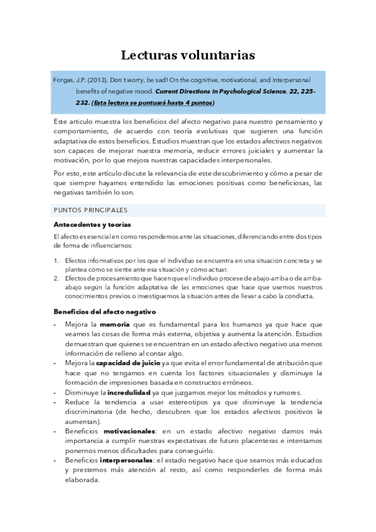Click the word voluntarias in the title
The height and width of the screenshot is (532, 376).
(x=218, y=55)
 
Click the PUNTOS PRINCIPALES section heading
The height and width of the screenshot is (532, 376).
(x=91, y=210)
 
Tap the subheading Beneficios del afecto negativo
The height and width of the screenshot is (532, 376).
(x=104, y=312)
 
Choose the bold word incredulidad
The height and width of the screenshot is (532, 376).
(x=122, y=392)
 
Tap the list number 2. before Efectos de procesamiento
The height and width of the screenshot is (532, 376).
(x=56, y=278)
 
